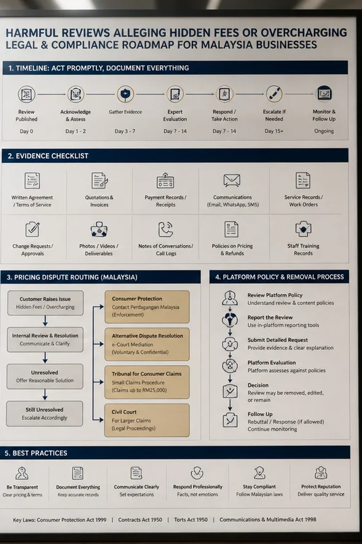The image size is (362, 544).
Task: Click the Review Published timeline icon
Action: point(26,94)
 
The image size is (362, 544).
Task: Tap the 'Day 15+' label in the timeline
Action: point(274,131)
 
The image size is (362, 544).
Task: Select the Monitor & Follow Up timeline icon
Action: point(325,93)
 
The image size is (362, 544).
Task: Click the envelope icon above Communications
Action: point(232,181)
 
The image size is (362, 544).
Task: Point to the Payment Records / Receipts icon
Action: point(165,181)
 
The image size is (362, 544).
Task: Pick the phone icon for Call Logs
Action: point(165,229)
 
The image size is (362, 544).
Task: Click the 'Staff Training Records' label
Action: point(303,250)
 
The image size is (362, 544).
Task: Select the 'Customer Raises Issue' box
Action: point(45,303)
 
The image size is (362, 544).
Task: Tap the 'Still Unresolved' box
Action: point(45,414)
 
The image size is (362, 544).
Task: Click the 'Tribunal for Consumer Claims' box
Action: point(147,382)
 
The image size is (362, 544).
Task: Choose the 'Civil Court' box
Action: point(147,420)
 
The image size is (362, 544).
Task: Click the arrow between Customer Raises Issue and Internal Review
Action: point(45,321)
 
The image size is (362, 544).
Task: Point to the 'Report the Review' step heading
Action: point(270,317)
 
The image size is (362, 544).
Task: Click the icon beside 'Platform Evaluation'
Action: point(230,366)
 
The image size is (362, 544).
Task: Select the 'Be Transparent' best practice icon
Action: point(22,473)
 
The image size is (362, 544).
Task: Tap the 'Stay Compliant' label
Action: point(259,487)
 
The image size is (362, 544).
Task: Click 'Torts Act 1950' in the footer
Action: point(191,519)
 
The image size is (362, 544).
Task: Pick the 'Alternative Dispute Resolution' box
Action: point(147,344)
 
